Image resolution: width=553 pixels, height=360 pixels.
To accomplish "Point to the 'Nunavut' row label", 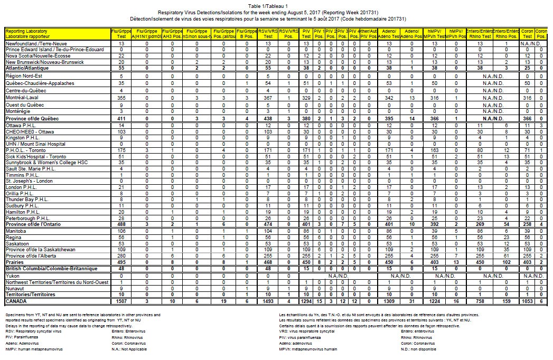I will [15, 288].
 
